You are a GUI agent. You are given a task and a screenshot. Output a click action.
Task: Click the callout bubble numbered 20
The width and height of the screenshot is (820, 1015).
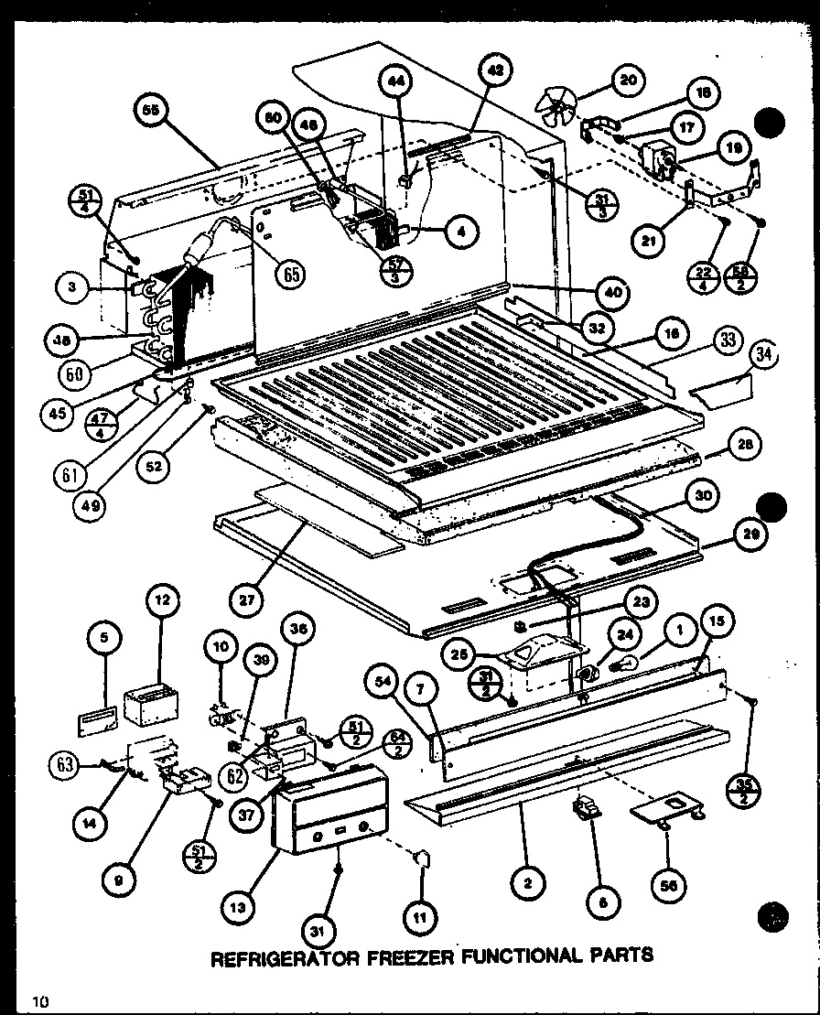tap(627, 81)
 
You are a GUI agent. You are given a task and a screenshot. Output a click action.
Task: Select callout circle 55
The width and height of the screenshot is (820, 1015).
tap(149, 110)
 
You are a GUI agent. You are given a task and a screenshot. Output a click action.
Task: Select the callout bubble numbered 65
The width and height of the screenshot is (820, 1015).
tap(291, 274)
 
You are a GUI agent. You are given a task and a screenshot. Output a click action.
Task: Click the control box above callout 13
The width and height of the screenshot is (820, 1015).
tap(329, 806)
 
